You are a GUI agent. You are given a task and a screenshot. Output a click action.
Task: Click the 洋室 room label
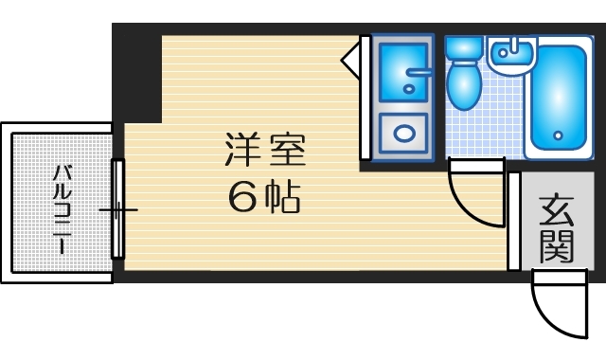266,151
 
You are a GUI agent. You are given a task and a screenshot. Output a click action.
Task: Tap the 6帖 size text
264,197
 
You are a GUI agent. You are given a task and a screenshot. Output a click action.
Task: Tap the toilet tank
463,48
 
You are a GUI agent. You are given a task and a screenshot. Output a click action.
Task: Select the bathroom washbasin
512,58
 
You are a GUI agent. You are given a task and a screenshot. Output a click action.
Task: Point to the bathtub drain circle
558,135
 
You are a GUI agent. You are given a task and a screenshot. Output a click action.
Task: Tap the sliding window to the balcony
118,209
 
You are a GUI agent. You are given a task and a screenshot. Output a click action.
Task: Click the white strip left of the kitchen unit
365,99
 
